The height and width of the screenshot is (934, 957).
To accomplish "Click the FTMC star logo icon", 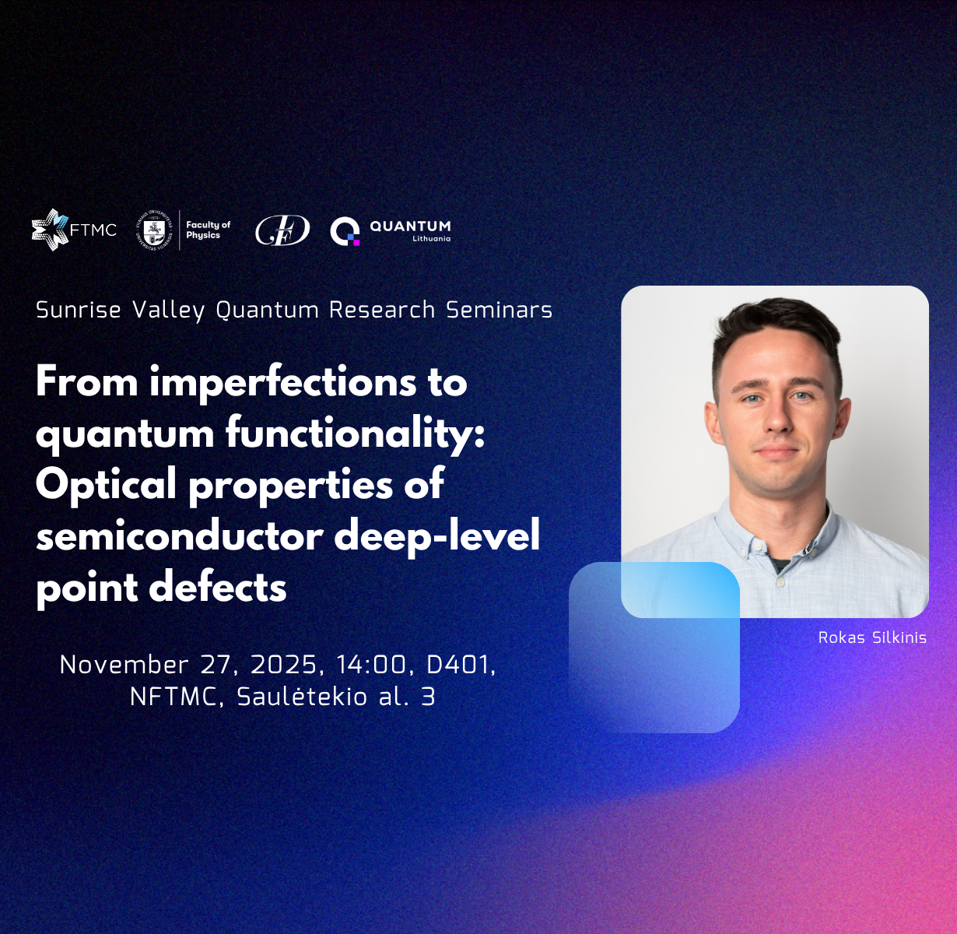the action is tap(50, 230).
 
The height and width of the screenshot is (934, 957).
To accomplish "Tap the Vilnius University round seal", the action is tap(154, 230).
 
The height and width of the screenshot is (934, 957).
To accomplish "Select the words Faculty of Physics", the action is tap(208, 230).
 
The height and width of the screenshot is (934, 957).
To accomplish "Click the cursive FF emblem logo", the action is tap(282, 230).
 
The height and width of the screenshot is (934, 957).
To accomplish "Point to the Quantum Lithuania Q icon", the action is tap(345, 230).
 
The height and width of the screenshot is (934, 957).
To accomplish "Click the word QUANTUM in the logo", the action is tap(410, 226).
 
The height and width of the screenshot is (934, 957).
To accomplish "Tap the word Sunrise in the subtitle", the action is tap(78, 310).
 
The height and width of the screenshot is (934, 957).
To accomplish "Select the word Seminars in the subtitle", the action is tap(500, 310).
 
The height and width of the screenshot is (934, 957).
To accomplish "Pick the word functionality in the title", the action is tap(355, 433).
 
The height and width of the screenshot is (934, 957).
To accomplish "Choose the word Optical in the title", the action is tap(106, 483).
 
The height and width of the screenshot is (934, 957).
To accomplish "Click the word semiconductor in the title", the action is tap(180, 536).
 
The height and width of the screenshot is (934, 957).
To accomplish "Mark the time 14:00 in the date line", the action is tap(372, 665).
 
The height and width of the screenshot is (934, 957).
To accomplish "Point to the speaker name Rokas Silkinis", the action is tap(872, 637).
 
